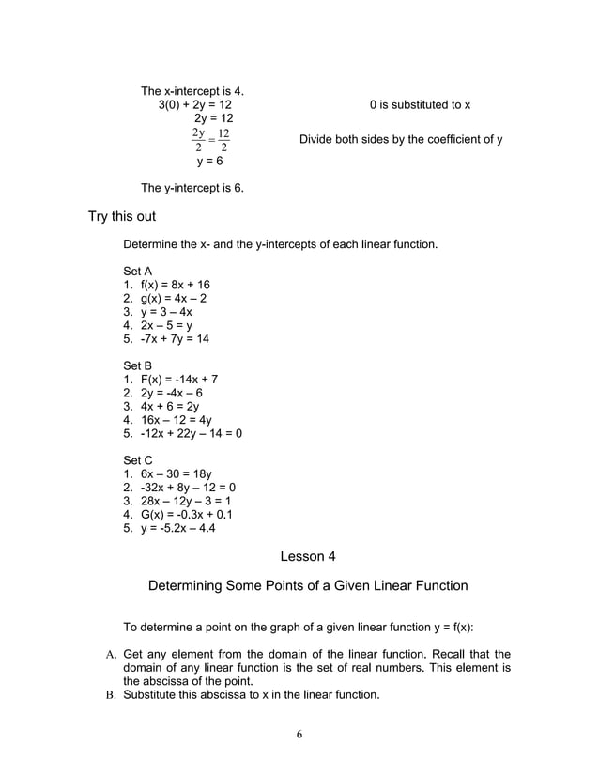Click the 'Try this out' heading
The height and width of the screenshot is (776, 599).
122,217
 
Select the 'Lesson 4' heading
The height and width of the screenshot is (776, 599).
307,556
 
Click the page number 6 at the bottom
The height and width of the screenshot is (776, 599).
299,735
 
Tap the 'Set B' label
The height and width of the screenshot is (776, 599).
138,365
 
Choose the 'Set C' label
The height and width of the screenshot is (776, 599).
138,460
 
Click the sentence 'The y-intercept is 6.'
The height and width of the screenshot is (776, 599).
192,188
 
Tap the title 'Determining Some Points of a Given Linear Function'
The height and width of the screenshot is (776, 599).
308,586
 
